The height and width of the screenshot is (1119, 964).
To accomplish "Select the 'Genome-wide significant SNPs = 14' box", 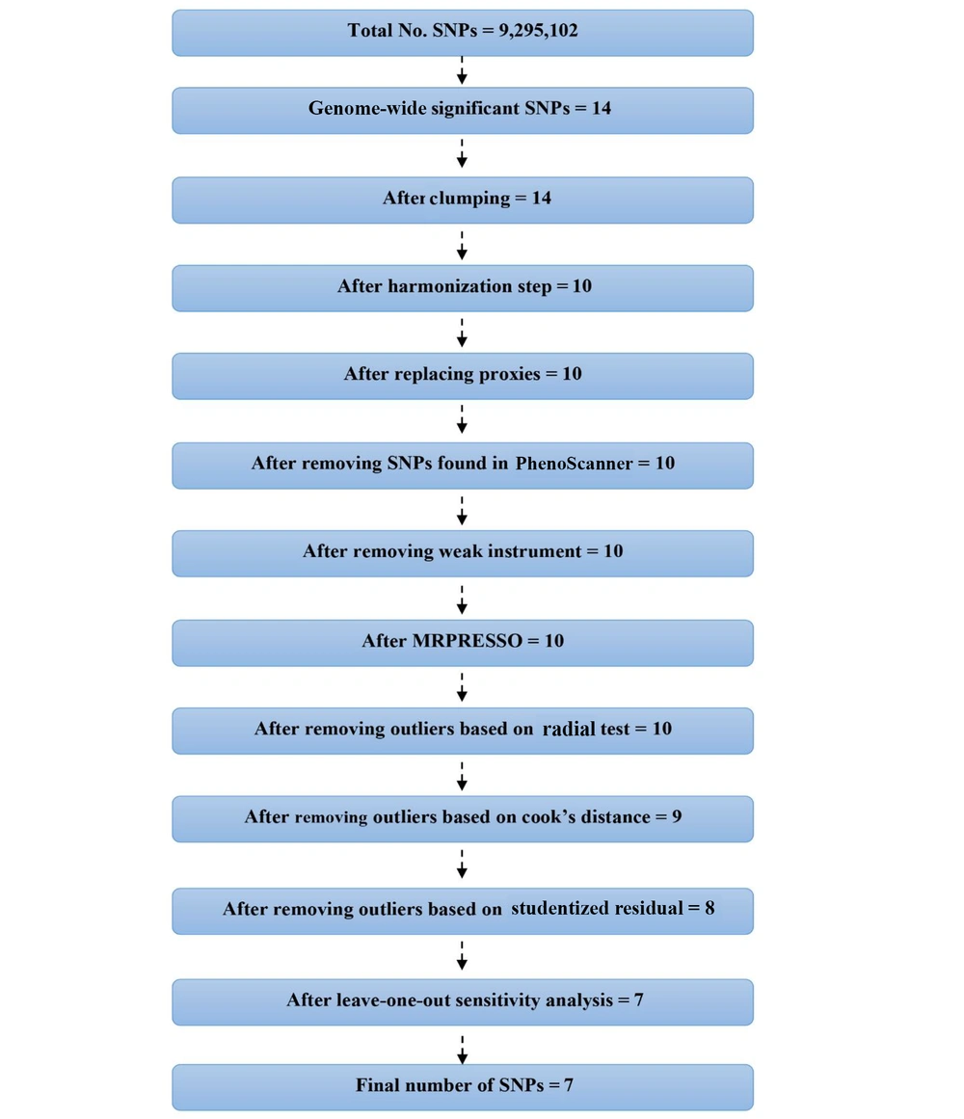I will pyautogui.click(x=462, y=110).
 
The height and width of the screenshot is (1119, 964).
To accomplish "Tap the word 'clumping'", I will pyautogui.click(x=470, y=199).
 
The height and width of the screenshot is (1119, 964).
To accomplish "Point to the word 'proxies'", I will pyautogui.click(x=510, y=374).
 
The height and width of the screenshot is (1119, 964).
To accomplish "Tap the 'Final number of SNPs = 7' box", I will pyautogui.click(x=462, y=1086).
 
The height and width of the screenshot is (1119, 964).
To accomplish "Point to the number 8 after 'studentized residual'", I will pyautogui.click(x=710, y=908).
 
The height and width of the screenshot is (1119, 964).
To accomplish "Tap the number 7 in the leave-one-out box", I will pyautogui.click(x=638, y=1000).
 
